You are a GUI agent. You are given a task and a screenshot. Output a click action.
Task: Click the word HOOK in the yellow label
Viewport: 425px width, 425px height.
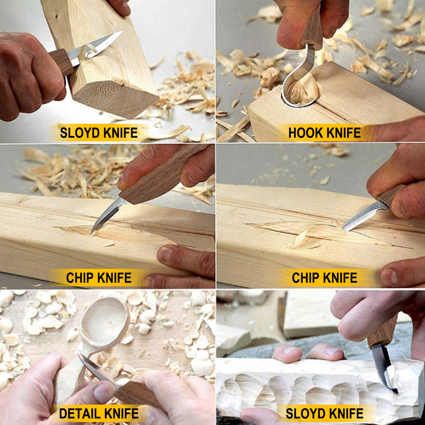[x=305, y=133]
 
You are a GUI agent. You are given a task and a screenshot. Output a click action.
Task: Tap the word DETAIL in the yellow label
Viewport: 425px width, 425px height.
[x=80, y=414]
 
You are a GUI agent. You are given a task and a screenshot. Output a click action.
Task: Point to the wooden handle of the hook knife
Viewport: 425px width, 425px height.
[x=313, y=29]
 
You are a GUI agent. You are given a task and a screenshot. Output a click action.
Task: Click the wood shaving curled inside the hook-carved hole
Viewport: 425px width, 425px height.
[x=303, y=90]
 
